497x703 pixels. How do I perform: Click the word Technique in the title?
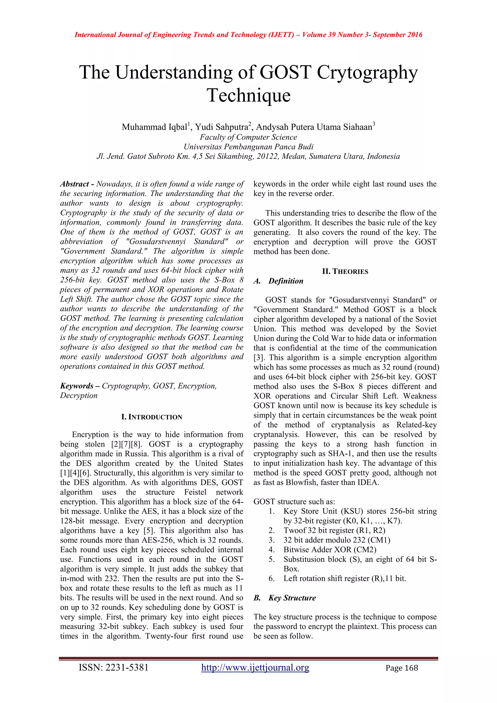(248, 96)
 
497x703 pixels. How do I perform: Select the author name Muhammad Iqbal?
(154, 127)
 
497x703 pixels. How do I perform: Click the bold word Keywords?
(76, 386)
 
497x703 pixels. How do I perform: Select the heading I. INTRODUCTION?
(152, 417)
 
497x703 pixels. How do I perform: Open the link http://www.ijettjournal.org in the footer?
(255, 668)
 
